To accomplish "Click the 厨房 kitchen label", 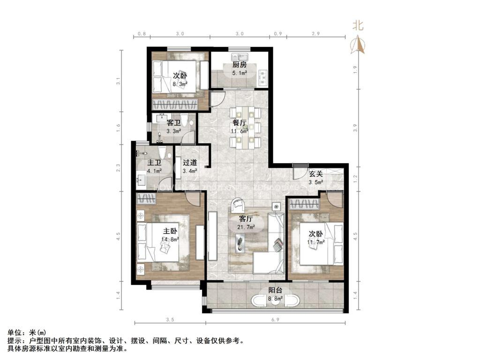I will click(x=240, y=65).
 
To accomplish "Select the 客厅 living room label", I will click(x=246, y=219).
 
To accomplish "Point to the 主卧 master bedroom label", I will click(x=170, y=231).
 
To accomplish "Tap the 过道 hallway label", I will click(x=189, y=163).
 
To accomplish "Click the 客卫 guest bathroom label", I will click(x=174, y=123).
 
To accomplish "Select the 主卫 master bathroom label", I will click(x=154, y=163).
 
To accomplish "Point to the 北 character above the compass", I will click(x=358, y=27).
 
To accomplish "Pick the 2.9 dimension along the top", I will click(x=315, y=34).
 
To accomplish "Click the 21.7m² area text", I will click(x=246, y=227).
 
